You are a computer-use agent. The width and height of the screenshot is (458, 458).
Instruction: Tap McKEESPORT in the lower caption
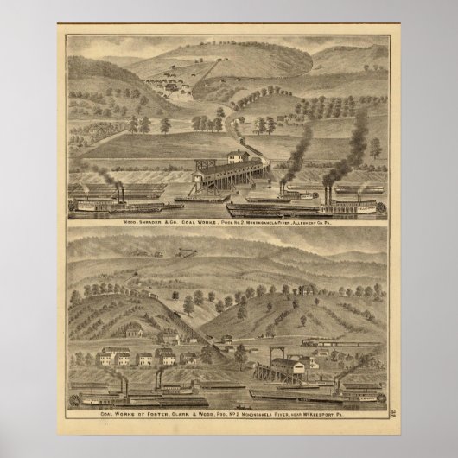347,416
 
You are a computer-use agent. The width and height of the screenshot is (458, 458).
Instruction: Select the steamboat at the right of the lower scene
346,393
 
